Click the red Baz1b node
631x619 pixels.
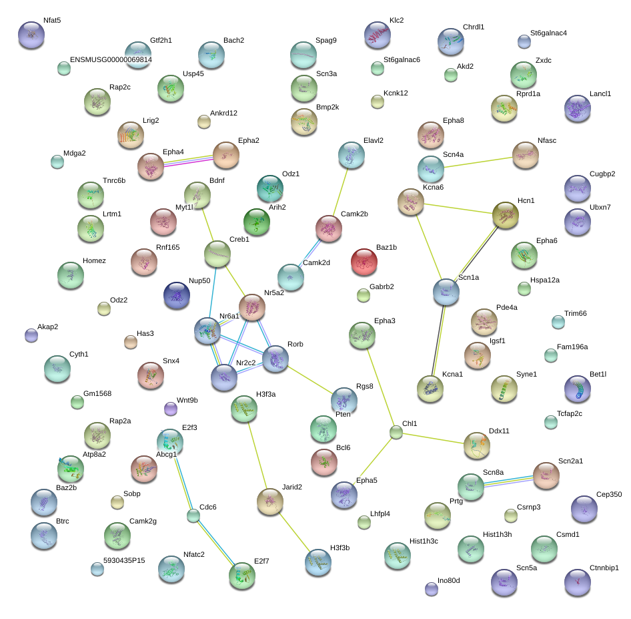pos(364,261)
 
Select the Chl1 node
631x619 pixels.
pos(396,432)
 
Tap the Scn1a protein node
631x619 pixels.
pos(446,291)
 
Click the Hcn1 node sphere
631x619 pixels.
pos(505,215)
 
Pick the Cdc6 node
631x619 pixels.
pos(193,515)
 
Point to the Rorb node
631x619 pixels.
pos(275,359)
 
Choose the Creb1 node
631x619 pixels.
pos(217,253)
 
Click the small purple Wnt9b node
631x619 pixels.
pos(170,408)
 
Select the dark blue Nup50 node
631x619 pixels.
pos(177,294)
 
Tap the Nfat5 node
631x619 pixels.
pos(31,34)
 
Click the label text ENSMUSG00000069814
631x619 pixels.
pos(111,60)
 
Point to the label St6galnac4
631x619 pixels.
pos(548,33)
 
